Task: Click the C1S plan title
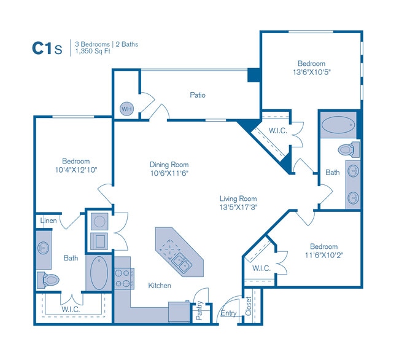(46, 49)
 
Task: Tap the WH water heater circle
(126, 109)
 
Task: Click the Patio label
(197, 95)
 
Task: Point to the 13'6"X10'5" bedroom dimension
(311, 72)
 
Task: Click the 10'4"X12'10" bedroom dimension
(76, 170)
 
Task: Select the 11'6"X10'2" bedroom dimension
(323, 255)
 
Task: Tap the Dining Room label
(169, 165)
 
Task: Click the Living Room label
(238, 198)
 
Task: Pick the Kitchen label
(159, 286)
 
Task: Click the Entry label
(228, 313)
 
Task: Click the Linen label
(48, 220)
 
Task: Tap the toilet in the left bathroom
(48, 280)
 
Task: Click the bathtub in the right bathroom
(338, 125)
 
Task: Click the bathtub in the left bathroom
(99, 273)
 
